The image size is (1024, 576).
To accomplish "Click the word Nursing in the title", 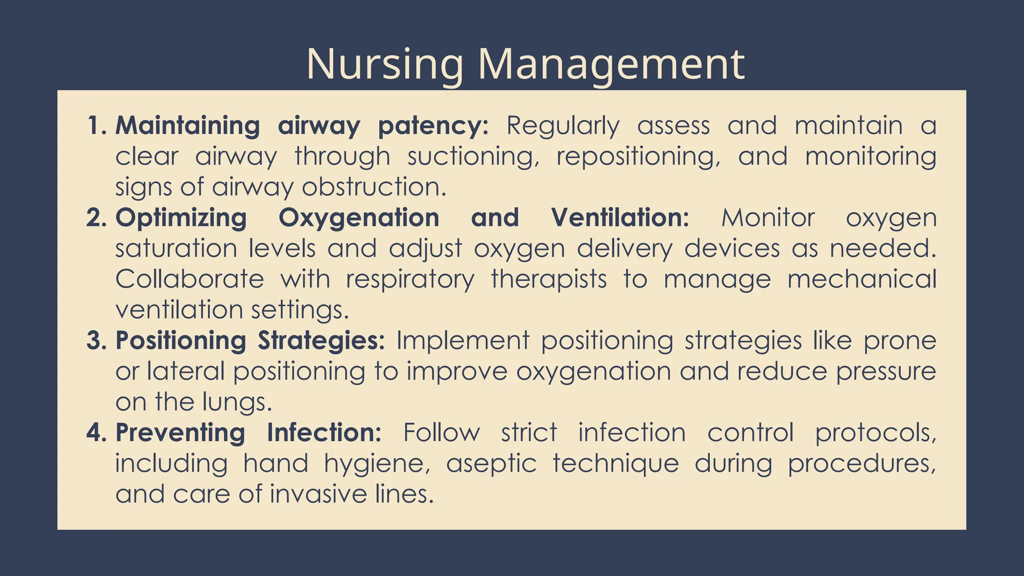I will point(385,65).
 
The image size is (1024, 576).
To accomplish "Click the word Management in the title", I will point(611,65).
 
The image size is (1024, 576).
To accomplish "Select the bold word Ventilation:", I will point(620,218).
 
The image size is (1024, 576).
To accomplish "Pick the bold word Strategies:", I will point(321,341).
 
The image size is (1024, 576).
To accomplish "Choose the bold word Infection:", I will point(324,433).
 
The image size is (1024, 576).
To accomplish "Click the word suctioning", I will point(473,157).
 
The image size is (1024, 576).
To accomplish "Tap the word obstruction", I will point(373,187).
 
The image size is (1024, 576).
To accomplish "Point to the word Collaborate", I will point(189,279).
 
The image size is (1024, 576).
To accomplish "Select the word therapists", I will point(548,279).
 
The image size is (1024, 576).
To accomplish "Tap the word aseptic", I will point(491,464).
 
